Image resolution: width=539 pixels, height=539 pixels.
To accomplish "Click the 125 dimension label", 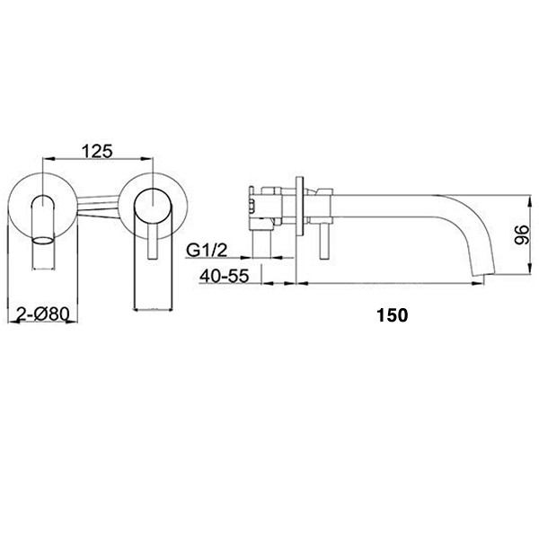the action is coord(97,151).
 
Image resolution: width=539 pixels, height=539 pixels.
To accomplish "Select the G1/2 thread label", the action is coord(207,251).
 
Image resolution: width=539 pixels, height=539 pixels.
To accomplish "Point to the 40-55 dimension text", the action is coord(224,276).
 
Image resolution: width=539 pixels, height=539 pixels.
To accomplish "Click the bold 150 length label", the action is coord(393,315).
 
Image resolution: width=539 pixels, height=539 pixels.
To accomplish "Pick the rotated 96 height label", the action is coord(522,234).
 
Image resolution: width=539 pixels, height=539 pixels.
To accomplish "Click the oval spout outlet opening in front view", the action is coord(43,240).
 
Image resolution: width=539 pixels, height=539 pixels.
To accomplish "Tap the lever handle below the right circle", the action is coord(153,243).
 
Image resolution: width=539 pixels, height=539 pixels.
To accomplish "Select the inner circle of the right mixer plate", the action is coord(153,208).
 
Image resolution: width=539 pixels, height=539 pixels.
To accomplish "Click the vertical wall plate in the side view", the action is coord(300,207).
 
